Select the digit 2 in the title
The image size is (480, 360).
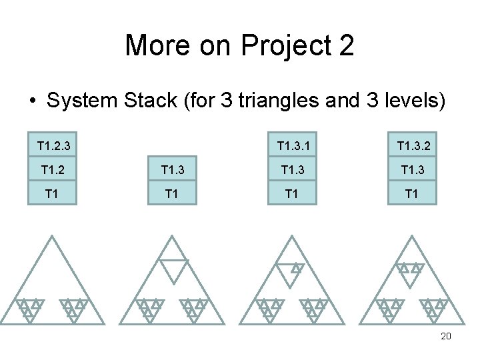click(345, 46)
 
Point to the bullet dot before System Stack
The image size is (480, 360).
click(32, 101)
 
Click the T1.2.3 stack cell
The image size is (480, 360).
click(53, 145)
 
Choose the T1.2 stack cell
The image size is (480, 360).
click(53, 171)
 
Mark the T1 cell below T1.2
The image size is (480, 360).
click(53, 194)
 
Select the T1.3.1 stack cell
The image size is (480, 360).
click(291, 145)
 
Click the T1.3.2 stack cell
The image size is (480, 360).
click(411, 145)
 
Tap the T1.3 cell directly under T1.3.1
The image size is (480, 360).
click(291, 171)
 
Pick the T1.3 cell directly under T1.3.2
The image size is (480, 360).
click(411, 171)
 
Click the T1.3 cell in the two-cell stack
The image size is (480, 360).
click(173, 171)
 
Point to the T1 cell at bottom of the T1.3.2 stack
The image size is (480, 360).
click(411, 194)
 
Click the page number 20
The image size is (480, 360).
click(446, 336)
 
